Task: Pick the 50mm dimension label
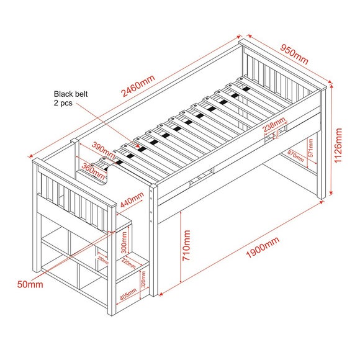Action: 30,284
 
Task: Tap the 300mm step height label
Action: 127,246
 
